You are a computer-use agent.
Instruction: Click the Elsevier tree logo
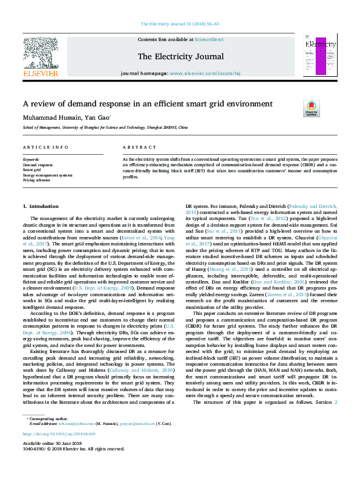coord(41,54)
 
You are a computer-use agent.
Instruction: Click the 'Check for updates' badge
coord(310,109)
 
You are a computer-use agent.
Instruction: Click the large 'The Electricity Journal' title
coord(180,57)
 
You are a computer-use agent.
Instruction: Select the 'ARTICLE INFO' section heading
coord(45,148)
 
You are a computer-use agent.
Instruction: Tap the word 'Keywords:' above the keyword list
coord(31,160)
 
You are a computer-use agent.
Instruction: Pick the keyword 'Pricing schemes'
coord(37,180)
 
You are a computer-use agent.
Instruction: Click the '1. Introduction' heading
coord(41,207)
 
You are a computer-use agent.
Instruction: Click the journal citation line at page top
coord(180,24)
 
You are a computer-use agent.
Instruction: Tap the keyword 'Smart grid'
coord(33,170)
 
